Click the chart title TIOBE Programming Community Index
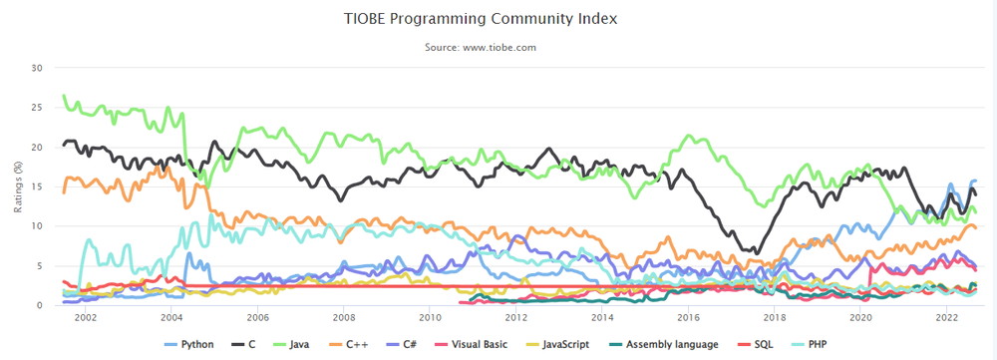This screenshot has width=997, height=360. click(x=480, y=18)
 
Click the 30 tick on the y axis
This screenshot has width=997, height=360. click(x=36, y=68)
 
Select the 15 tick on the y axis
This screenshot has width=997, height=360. click(x=36, y=186)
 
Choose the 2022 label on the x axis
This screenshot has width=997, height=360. click(x=946, y=317)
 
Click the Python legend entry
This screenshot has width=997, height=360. click(x=188, y=345)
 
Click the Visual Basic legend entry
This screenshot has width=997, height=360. click(x=472, y=345)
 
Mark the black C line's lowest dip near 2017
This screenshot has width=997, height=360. click(x=756, y=252)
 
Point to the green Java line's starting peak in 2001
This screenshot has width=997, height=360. click(x=64, y=96)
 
